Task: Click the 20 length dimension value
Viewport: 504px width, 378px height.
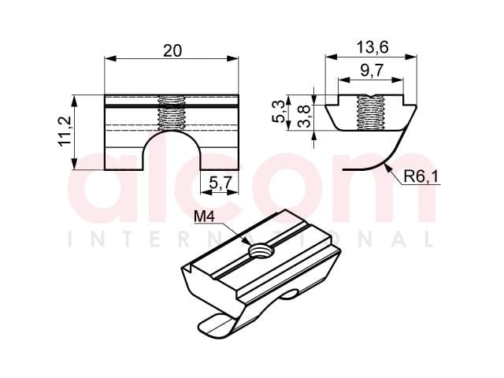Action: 172,50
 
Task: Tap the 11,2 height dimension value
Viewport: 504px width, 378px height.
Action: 65,132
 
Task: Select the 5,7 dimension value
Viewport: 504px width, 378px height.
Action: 220,183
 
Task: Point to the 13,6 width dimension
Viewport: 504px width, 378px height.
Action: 372,47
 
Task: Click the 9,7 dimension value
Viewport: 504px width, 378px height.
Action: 372,70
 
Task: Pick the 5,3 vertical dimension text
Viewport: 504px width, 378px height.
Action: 278,111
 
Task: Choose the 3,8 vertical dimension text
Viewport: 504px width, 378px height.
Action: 304,116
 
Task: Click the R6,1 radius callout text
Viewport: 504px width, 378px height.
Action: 421,176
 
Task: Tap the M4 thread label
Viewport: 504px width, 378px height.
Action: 204,217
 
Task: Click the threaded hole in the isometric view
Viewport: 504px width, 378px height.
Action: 261,250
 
